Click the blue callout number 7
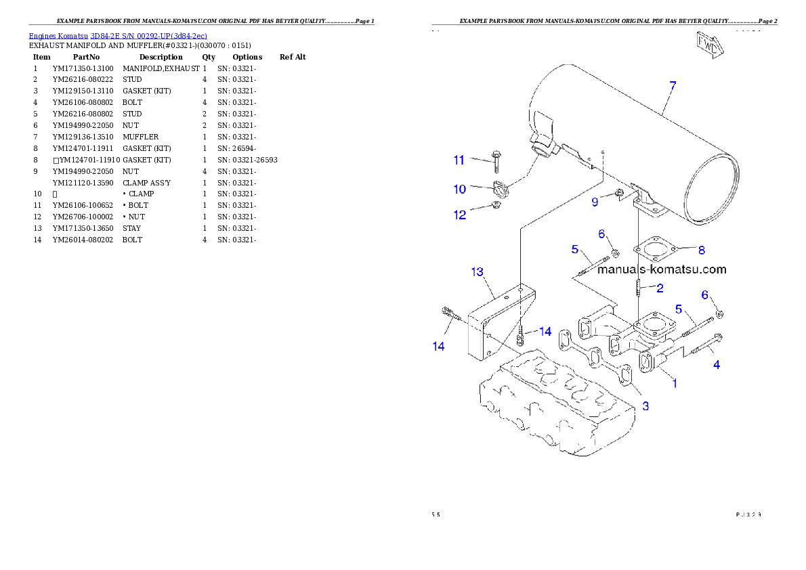click(672, 87)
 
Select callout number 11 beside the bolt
click(459, 160)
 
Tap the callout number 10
click(460, 189)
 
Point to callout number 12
click(460, 215)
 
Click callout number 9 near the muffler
click(595, 202)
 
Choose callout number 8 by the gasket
click(701, 250)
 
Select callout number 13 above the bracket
click(477, 272)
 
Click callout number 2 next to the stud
click(660, 288)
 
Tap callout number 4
click(716, 365)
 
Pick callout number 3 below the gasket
click(645, 406)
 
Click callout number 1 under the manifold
click(674, 382)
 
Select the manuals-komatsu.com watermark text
click(662, 269)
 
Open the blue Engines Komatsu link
click(118, 35)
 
